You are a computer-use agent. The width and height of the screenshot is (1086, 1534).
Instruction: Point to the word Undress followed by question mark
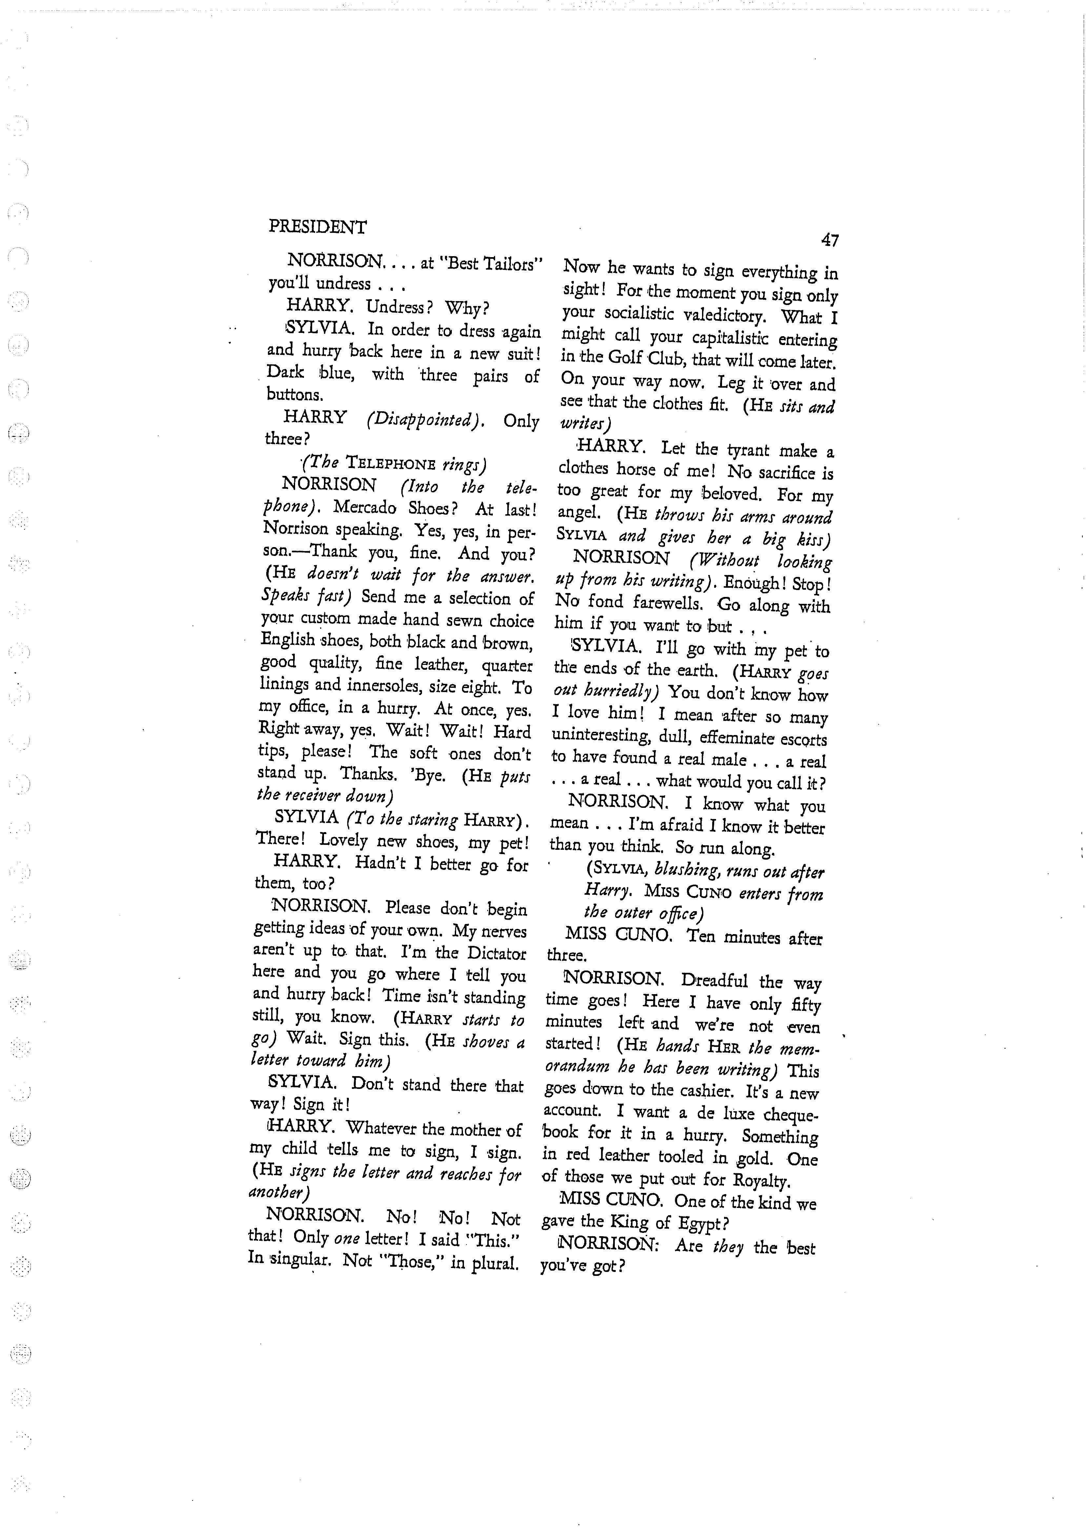tap(399, 308)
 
